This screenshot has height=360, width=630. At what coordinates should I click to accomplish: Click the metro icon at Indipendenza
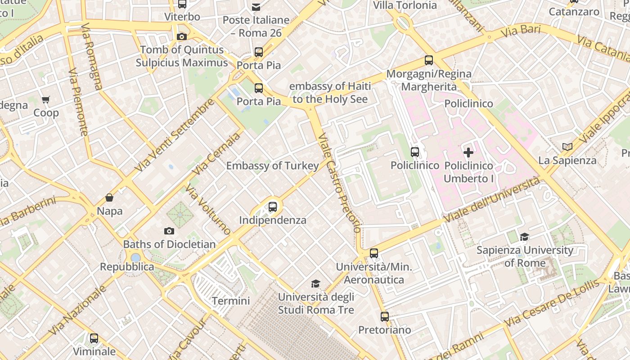coord(273,207)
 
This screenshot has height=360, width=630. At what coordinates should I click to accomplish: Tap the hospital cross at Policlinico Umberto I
coord(468,152)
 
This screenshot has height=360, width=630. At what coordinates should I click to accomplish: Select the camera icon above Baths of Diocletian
coord(169,231)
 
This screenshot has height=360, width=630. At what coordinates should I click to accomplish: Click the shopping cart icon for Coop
coord(45,99)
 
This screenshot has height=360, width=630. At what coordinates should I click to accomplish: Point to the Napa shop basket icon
coord(109,198)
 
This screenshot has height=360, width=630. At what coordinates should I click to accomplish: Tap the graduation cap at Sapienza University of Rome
coord(524,237)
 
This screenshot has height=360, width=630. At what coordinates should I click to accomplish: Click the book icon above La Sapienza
coord(567,147)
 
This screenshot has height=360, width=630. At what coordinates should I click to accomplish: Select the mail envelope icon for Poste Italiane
coord(256,7)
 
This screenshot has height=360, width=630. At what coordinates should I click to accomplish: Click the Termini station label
coord(231,301)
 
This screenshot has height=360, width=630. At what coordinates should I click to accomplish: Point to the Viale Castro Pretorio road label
coord(338,182)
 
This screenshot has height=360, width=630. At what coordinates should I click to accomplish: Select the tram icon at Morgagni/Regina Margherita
coord(429,60)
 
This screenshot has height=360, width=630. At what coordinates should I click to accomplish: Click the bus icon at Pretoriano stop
coord(384,316)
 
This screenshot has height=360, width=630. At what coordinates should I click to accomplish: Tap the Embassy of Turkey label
coord(272,166)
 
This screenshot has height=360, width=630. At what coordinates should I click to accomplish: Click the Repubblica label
coord(127,267)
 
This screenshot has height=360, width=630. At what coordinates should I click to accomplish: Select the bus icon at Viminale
coord(94,338)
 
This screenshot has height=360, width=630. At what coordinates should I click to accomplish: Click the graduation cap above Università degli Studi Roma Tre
coord(316,283)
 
